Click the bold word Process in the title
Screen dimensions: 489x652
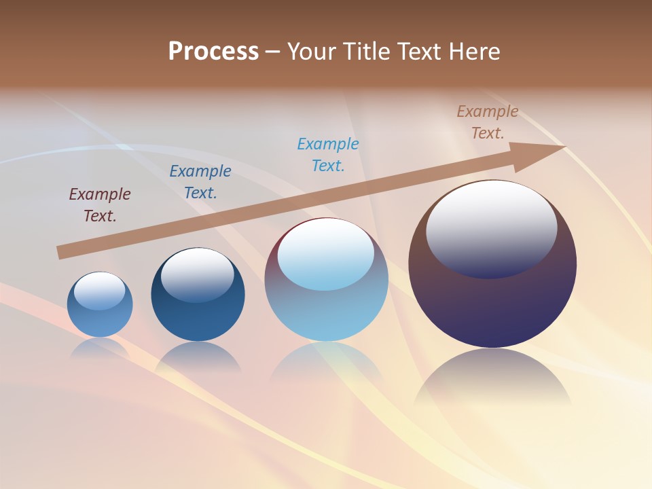click(x=213, y=52)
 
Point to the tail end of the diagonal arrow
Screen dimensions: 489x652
click(x=60, y=253)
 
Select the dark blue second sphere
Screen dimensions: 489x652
click(x=198, y=319)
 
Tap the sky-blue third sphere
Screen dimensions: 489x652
click(x=327, y=312)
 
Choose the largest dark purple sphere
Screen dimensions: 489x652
click(x=492, y=306)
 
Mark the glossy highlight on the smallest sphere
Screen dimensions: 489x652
click(x=100, y=290)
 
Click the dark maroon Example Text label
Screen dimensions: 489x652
click(x=100, y=205)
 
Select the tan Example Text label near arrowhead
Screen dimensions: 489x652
click(x=488, y=122)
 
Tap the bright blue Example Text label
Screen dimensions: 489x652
click(x=328, y=155)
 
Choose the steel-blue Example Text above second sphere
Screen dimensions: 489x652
click(x=200, y=182)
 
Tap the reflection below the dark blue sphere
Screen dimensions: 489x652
click(x=198, y=357)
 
